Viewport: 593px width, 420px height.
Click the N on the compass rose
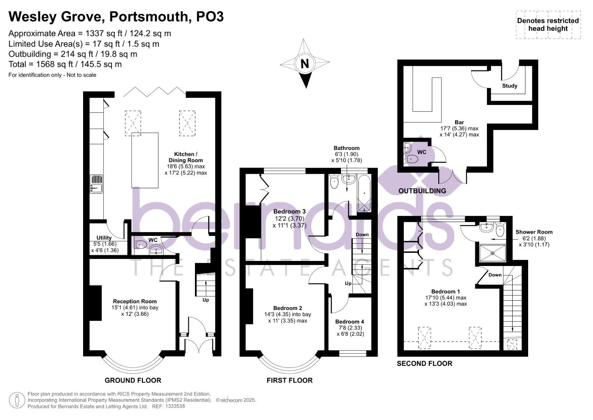(305, 63)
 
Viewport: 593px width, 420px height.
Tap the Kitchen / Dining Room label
(186, 157)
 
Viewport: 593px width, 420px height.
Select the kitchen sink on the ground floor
(96, 184)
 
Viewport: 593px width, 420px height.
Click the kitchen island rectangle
(145, 160)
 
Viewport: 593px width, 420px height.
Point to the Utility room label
(104, 238)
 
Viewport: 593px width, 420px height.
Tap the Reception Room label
(135, 301)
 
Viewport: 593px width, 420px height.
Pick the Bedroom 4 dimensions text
(350, 331)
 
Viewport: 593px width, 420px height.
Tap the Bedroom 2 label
(287, 308)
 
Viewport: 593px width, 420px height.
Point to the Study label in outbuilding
(510, 86)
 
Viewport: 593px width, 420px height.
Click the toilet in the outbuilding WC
(410, 159)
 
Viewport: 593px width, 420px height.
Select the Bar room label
(459, 122)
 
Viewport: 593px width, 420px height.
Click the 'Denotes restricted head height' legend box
(548, 24)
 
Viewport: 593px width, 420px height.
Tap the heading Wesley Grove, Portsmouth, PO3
(116, 16)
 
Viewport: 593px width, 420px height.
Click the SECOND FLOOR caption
(424, 364)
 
